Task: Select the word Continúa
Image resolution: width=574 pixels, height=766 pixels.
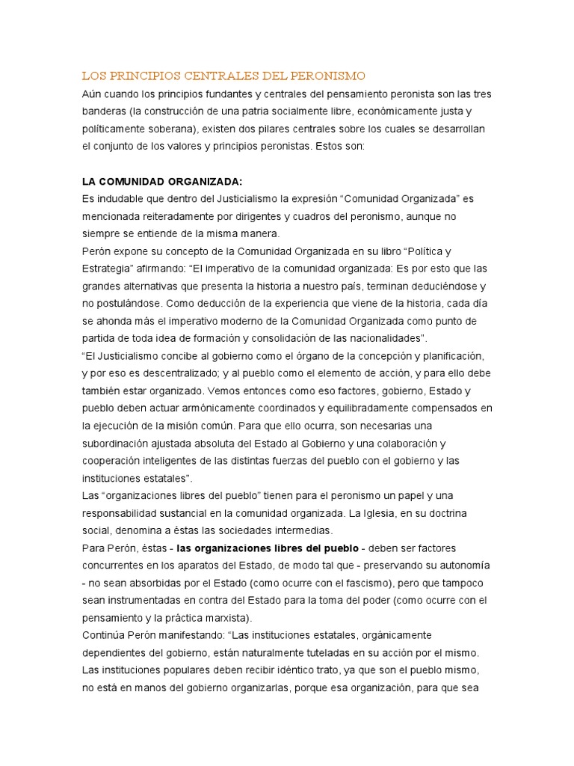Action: (105, 634)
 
